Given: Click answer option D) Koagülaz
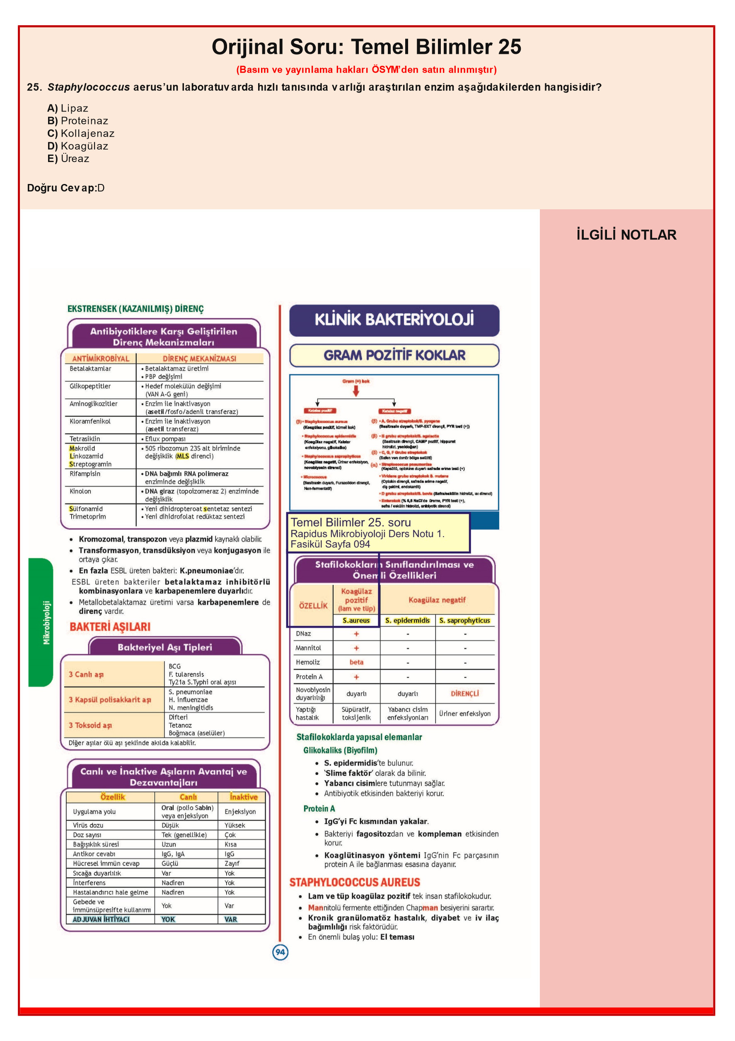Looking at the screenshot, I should point(77,146).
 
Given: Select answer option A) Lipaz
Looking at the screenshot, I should point(68,108).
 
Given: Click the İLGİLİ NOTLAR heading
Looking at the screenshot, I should point(626,235).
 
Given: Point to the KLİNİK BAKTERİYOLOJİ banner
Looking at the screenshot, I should point(394,320).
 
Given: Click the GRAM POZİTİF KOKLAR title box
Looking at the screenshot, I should point(394,356).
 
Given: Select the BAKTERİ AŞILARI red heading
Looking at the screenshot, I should point(110,627).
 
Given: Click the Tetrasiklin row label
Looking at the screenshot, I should point(85,439).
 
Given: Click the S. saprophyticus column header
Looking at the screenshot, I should point(464,621).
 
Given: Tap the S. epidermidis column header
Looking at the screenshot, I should point(407,621).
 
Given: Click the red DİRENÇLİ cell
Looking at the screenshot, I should point(464,694).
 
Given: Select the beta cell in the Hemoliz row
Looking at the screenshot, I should point(356,662).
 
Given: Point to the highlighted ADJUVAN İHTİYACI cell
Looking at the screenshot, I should point(101,920).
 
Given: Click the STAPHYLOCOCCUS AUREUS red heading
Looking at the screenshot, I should point(355,882).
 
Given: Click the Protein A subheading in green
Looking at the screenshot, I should point(319,809).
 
